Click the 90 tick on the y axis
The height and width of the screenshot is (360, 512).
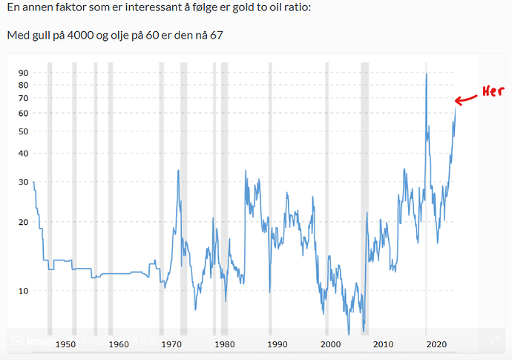click(23, 73)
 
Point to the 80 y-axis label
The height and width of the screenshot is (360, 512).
click(23, 85)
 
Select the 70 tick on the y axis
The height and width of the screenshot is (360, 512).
click(23, 98)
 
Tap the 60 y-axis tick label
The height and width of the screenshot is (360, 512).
click(23, 113)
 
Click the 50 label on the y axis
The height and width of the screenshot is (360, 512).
click(23, 131)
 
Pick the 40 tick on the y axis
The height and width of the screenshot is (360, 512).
click(23, 153)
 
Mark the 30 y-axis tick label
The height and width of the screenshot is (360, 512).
click(23, 182)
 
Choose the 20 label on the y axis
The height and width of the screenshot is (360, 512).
click(23, 222)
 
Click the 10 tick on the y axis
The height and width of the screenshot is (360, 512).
click(23, 290)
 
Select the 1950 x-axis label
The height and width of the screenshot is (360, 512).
click(65, 344)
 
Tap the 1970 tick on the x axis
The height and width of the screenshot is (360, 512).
click(171, 344)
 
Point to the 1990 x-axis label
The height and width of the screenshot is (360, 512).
click(278, 344)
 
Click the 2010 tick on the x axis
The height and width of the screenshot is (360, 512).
click(383, 344)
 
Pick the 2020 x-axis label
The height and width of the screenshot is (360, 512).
click(436, 344)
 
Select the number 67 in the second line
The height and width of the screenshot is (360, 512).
click(216, 35)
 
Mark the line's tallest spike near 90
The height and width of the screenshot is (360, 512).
click(426, 73)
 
